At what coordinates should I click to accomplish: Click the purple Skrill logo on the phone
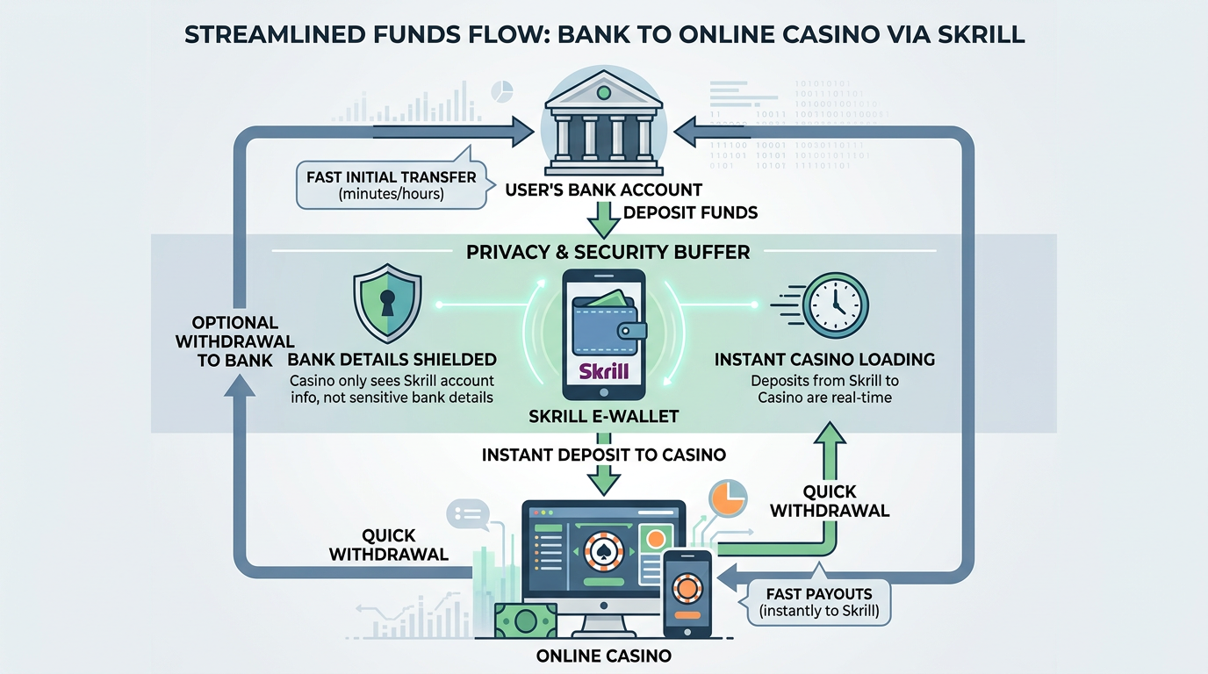pos(604,370)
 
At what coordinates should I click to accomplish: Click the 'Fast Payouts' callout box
pos(818,602)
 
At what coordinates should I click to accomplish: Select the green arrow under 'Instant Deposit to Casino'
pos(603,479)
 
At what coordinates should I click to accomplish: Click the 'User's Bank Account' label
pos(603,190)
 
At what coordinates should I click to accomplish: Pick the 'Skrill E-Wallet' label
pos(603,417)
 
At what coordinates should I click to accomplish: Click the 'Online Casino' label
pos(603,656)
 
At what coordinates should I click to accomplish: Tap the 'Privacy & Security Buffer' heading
pos(608,253)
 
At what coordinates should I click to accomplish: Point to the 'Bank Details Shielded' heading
pos(392,360)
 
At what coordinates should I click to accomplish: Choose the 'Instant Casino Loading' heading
pos(824,360)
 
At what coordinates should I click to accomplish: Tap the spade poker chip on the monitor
pos(602,550)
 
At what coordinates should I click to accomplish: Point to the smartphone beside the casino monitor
pos(687,593)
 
